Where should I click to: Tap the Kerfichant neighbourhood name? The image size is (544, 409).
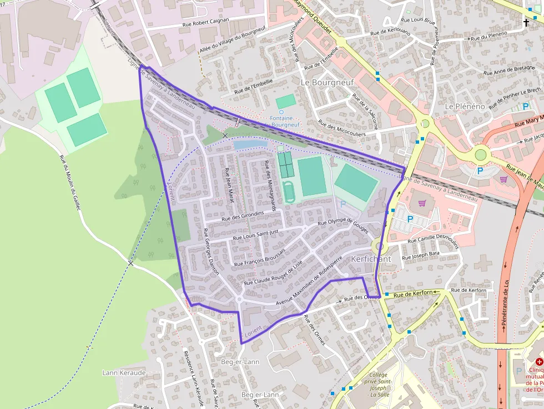pyautogui.click(x=371, y=259)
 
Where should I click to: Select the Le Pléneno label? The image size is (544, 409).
pyautogui.click(x=465, y=105)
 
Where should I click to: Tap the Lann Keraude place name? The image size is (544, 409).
pyautogui.click(x=124, y=372)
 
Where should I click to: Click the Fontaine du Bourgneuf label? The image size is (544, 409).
pyautogui.click(x=281, y=121)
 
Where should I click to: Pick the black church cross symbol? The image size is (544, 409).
pyautogui.click(x=526, y=23)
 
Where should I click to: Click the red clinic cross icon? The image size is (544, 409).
pyautogui.click(x=538, y=362)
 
